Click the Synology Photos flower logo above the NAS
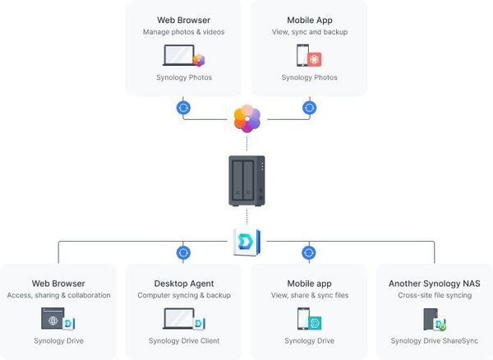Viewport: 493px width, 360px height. pos(246,119)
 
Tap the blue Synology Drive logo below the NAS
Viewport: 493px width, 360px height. pos(246,242)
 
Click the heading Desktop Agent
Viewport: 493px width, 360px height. pos(183,284)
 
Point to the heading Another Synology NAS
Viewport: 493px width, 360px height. pos(434,284)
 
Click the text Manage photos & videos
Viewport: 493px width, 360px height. pos(183,32)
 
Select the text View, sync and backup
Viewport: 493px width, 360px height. pos(309,32)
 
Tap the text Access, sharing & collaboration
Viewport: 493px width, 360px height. pos(58,296)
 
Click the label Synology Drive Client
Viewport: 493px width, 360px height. pos(183,341)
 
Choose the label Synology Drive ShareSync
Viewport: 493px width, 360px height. pos(434,341)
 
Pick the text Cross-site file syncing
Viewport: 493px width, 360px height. pos(434,296)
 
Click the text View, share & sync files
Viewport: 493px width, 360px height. pos(309,296)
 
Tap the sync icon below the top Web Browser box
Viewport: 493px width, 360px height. pos(183,107)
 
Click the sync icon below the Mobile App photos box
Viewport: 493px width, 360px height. pos(309,107)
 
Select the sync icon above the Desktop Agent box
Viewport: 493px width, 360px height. pos(183,252)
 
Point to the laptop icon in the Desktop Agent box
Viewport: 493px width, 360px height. pos(179,318)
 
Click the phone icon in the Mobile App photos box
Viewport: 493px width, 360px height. pos(302,55)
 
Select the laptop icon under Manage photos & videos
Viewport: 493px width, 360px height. pos(179,55)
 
